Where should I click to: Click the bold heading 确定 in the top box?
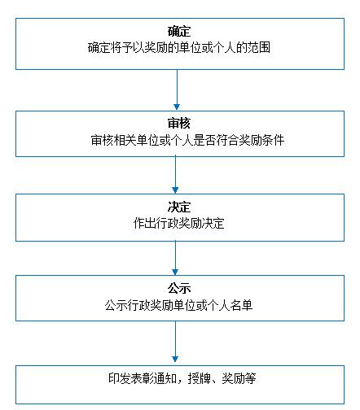pyautogui.click(x=179, y=32)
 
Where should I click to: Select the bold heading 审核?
pyautogui.click(x=179, y=124)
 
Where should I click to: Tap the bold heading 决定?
pyautogui.click(x=179, y=207)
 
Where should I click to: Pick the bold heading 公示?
pyautogui.click(x=179, y=288)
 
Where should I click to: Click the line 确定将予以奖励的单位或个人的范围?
pyautogui.click(x=179, y=48)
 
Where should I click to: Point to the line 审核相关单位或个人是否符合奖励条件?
pyautogui.click(x=187, y=141)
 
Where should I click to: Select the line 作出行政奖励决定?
pyautogui.click(x=179, y=223)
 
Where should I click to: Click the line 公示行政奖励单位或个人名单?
pyautogui.click(x=179, y=305)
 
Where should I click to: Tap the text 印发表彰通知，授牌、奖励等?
pyautogui.click(x=182, y=378)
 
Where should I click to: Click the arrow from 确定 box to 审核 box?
pyautogui.click(x=177, y=89)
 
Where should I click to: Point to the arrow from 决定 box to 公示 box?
pyautogui.click(x=175, y=258)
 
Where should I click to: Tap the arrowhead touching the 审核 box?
pyautogui.click(x=177, y=107)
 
